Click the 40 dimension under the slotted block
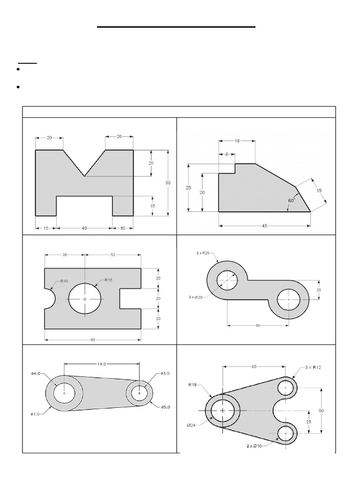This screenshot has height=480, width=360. coord(84,228)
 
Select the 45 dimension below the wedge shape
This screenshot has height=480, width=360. coord(265,225)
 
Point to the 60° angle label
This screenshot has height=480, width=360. coord(291,200)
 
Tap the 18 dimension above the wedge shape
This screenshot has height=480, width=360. coord(237,140)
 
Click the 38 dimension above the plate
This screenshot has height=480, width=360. coord(65,255)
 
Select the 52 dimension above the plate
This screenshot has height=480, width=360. coord(113,255)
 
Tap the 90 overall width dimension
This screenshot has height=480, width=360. coord(93,340)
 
